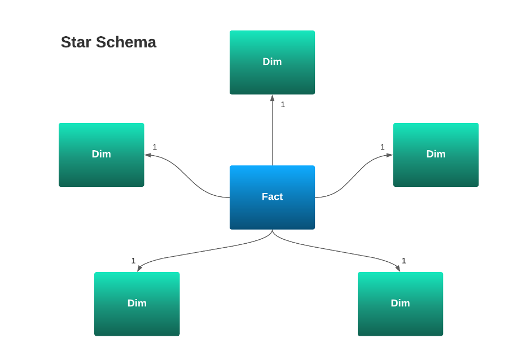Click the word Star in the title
(x=76, y=42)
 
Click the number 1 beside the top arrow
(x=283, y=104)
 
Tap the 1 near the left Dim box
(x=155, y=147)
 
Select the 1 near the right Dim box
(x=382, y=147)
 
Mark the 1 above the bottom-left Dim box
(x=133, y=261)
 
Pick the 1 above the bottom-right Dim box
(x=404, y=261)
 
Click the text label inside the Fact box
(x=272, y=197)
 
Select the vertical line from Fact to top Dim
(x=272, y=135)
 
